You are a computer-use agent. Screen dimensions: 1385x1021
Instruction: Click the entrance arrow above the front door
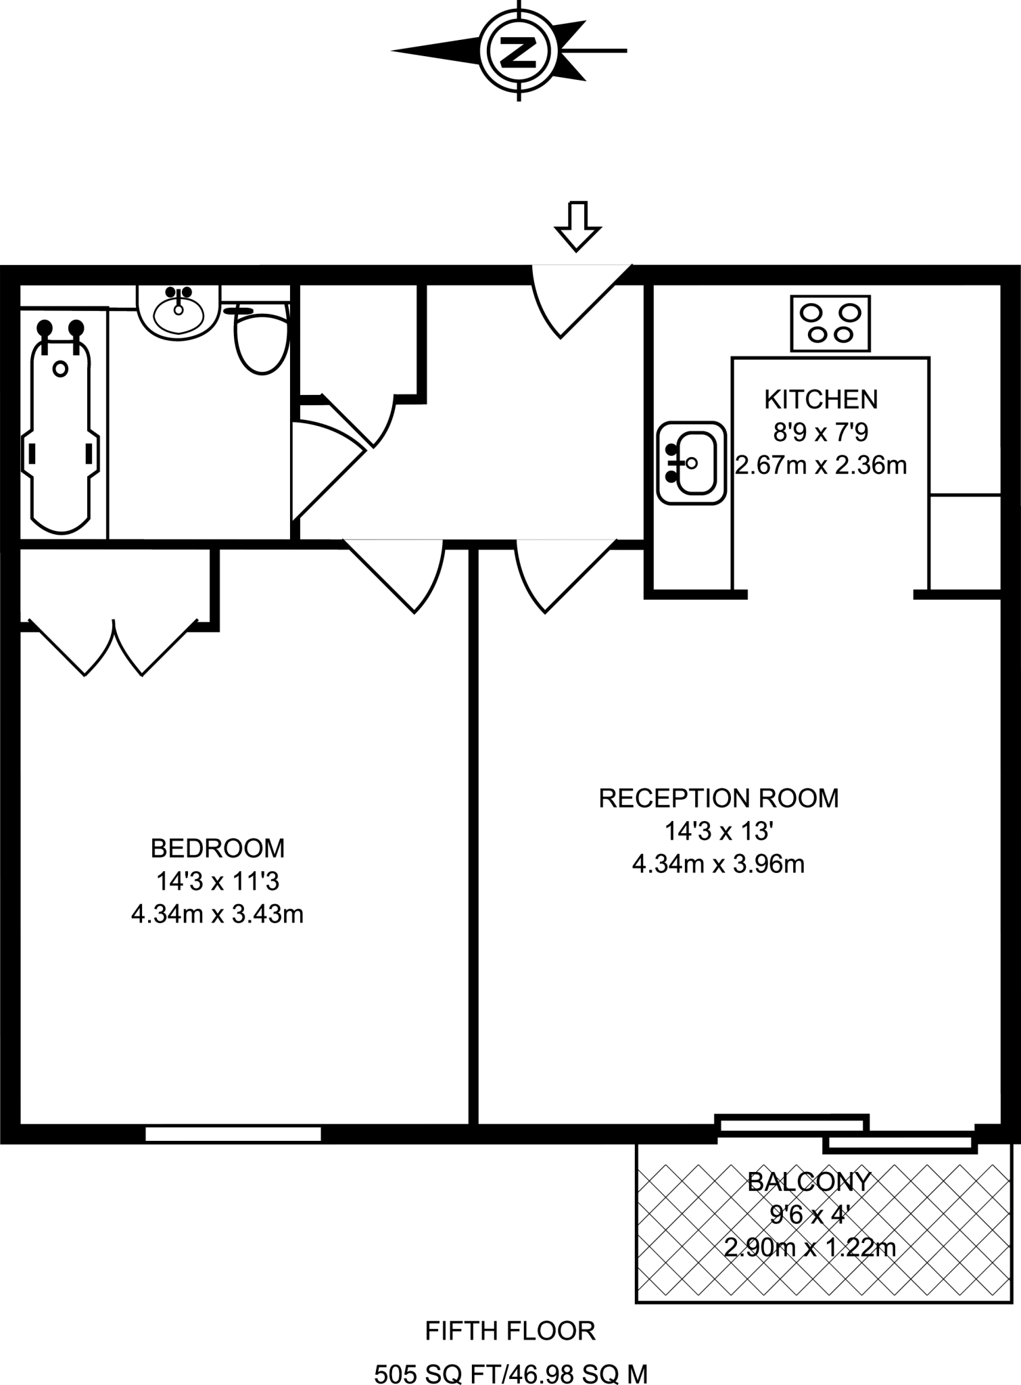pyautogui.click(x=577, y=226)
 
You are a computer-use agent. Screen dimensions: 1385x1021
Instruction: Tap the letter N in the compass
pyautogui.click(x=519, y=51)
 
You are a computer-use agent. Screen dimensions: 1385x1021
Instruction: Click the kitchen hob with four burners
pyautogui.click(x=830, y=323)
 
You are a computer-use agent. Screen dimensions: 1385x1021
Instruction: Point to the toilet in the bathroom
pyautogui.click(x=261, y=342)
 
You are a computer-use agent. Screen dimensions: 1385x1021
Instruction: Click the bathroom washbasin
pyautogui.click(x=179, y=312)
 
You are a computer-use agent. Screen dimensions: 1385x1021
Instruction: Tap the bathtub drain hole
pyautogui.click(x=60, y=369)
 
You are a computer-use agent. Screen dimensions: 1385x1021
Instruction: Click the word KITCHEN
pyautogui.click(x=820, y=400)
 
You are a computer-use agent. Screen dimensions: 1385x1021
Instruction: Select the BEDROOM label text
pyautogui.click(x=217, y=847)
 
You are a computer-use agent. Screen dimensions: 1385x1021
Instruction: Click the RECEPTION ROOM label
pyautogui.click(x=718, y=798)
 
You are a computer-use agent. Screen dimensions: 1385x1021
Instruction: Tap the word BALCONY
pyautogui.click(x=809, y=1181)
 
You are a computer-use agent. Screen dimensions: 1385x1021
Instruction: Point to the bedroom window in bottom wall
pyautogui.click(x=233, y=1134)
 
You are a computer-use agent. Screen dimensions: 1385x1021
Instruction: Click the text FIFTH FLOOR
pyautogui.click(x=510, y=1331)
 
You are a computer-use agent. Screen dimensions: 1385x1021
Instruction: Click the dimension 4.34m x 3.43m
pyautogui.click(x=217, y=914)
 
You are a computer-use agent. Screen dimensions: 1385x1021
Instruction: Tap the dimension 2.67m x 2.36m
pyautogui.click(x=820, y=465)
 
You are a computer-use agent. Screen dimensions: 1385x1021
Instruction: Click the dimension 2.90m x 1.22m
pyautogui.click(x=809, y=1247)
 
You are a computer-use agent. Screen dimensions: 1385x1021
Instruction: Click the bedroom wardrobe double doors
pyautogui.click(x=113, y=646)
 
